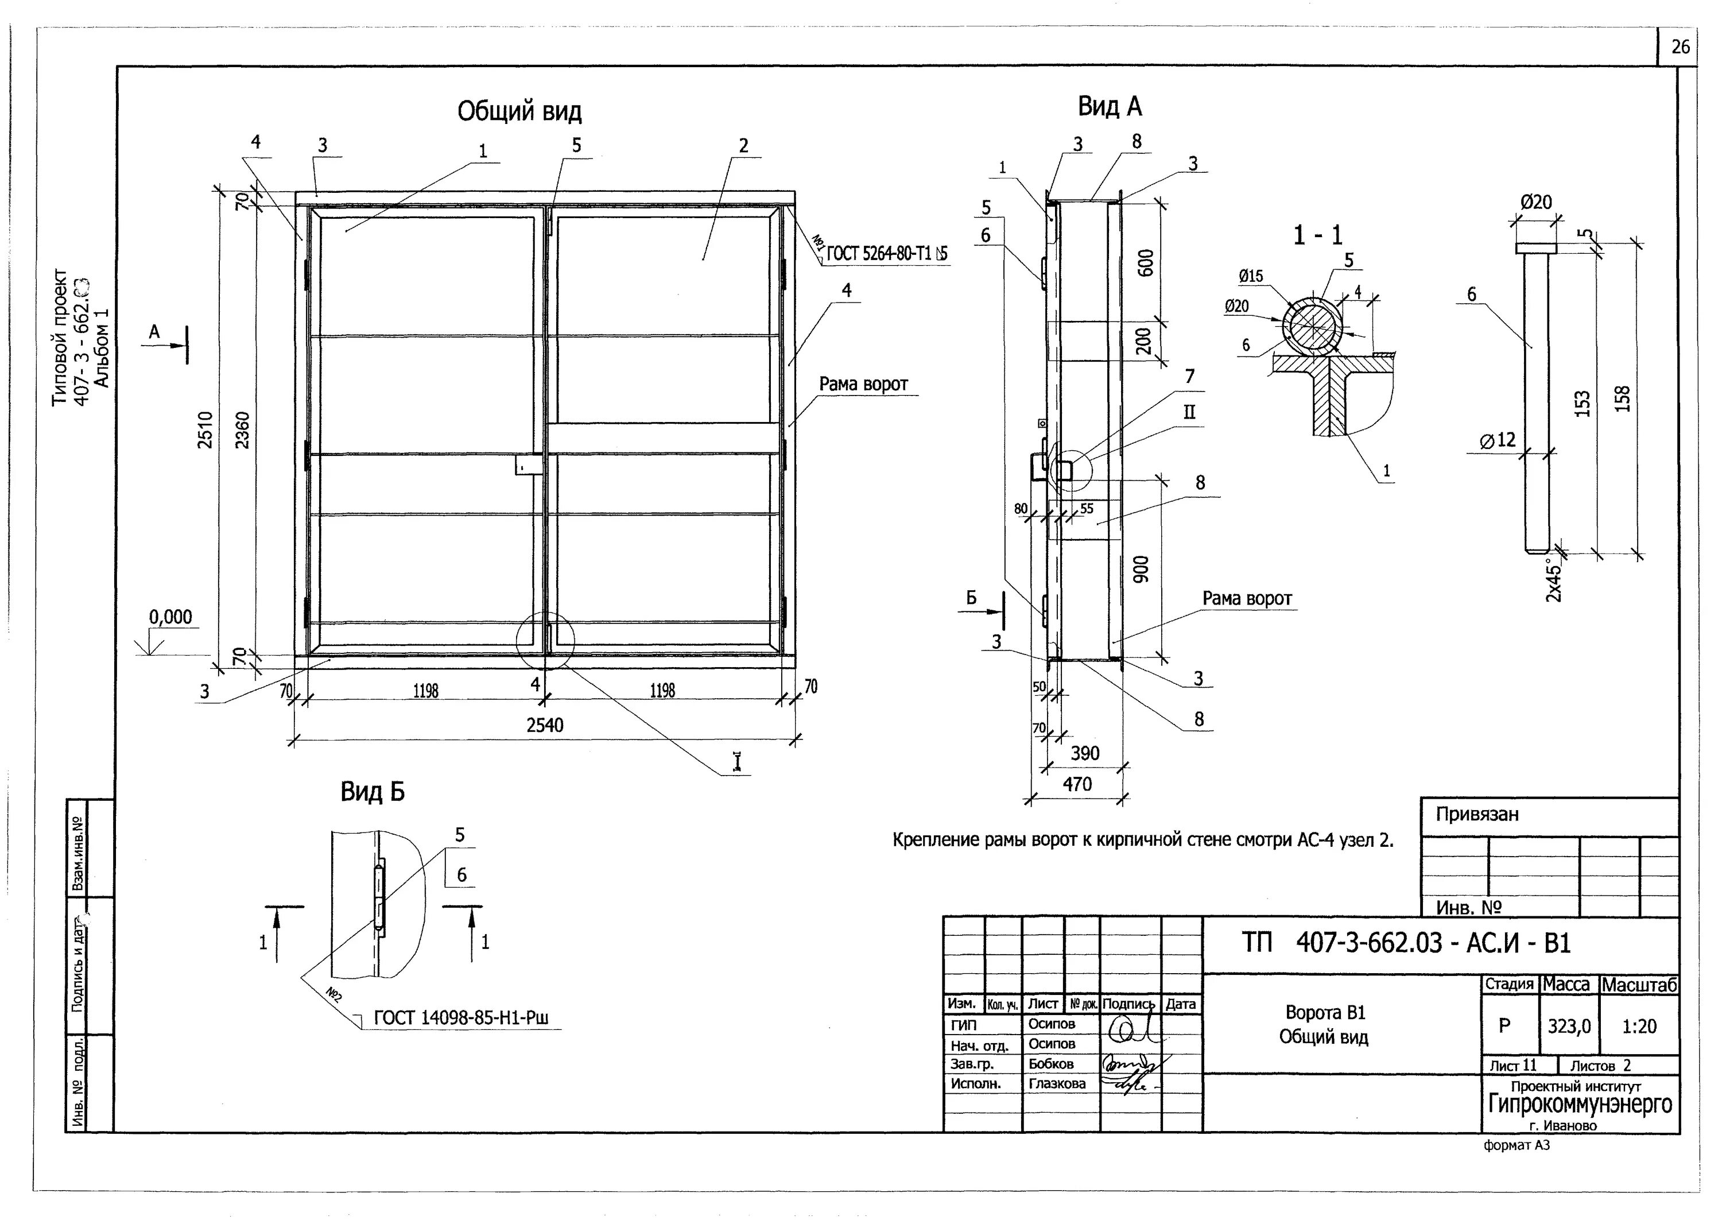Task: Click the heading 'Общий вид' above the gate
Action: pos(519,112)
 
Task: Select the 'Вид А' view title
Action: pos(1109,107)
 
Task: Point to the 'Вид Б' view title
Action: pos(373,792)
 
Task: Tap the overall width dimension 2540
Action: pos(545,725)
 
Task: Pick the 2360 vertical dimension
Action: pos(242,429)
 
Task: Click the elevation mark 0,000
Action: pos(170,617)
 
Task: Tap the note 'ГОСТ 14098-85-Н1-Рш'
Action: pos(461,1018)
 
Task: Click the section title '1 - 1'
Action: pos(1317,236)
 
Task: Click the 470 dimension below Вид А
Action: pos(1077,784)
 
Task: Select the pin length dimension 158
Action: pos(1622,398)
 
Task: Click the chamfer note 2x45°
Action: pos(1554,579)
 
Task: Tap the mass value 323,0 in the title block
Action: pos(1569,1026)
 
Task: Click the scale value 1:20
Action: pos(1639,1026)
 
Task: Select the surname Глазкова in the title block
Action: pos(1057,1083)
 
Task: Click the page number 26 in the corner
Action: pos(1681,47)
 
